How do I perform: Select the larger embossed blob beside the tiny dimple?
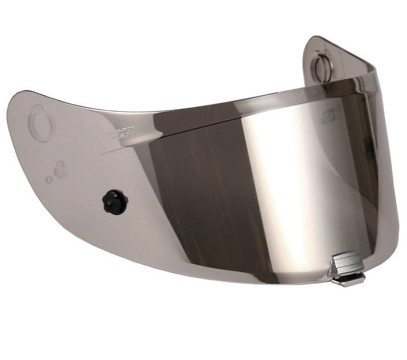pos(60,170)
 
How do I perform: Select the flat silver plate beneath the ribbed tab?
pos(349,280)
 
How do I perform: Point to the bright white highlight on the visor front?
pos(283,171)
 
